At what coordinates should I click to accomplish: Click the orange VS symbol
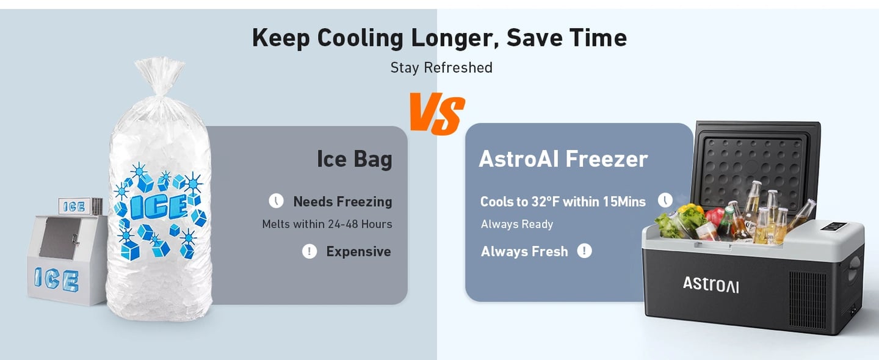point(437,114)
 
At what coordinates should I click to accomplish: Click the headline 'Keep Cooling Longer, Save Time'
point(439,38)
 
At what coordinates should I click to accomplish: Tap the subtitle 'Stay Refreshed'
point(441,68)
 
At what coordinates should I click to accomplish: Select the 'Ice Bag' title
point(354,159)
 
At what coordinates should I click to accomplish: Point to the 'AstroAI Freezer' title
point(563,159)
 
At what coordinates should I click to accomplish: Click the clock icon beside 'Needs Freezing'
point(277,201)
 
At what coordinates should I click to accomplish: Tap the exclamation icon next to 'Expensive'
point(309,251)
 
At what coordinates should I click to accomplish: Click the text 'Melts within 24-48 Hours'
point(327,224)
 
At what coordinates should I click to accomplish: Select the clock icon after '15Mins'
point(665,200)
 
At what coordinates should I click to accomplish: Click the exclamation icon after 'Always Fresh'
point(584,250)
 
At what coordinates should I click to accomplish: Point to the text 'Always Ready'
point(516,224)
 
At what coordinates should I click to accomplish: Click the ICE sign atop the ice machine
point(73,206)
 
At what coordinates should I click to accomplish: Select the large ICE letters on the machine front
point(56,280)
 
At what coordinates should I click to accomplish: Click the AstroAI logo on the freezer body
point(710,284)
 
